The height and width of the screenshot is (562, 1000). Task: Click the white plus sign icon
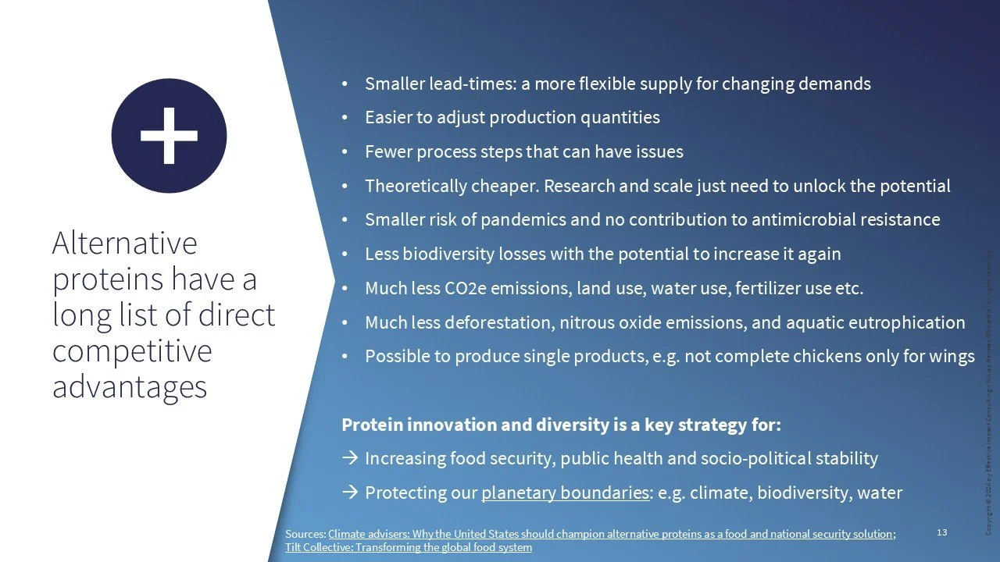click(x=169, y=136)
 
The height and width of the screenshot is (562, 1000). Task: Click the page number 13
click(x=941, y=532)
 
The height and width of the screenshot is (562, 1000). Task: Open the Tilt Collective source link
click(x=409, y=547)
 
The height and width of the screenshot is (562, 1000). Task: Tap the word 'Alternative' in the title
click(x=125, y=244)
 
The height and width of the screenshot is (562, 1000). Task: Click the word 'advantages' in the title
click(x=130, y=386)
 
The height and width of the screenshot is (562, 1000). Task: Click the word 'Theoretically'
click(x=412, y=186)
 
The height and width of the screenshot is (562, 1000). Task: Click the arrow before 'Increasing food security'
click(x=350, y=459)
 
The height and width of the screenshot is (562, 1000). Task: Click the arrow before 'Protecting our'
click(x=350, y=493)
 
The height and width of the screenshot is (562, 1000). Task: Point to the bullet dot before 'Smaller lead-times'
click(x=345, y=84)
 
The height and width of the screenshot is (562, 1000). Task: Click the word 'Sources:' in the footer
click(x=305, y=534)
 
